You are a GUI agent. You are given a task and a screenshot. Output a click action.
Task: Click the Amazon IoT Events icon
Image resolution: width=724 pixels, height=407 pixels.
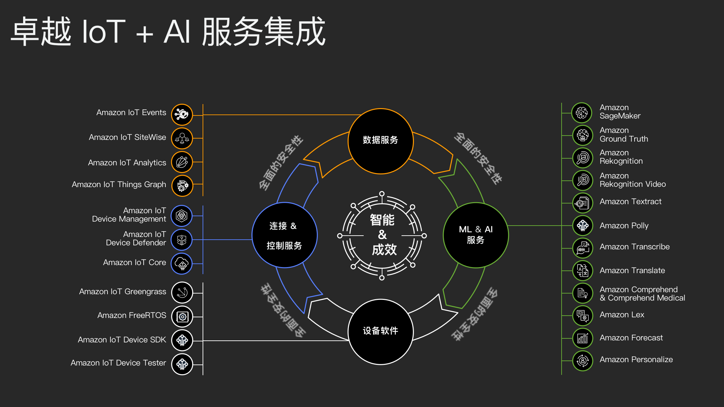coord(182,114)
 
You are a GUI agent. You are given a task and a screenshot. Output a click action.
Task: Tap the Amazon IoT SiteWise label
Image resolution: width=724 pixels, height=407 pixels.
coord(127,137)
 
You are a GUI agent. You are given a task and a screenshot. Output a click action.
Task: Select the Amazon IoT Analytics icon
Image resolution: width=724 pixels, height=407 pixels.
coord(182,162)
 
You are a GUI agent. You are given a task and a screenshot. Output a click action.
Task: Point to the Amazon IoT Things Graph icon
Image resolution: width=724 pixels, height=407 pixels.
coord(182,186)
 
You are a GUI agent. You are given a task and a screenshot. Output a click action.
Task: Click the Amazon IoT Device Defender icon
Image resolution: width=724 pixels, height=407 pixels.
coord(182,240)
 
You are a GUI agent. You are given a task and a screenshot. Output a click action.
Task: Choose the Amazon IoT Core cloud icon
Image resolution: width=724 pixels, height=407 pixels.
coord(182,263)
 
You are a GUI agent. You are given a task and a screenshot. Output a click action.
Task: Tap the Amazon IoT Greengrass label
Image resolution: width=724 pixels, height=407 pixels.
coord(123,292)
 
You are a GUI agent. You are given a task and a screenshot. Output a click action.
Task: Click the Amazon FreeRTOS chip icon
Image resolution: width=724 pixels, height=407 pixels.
coord(182,316)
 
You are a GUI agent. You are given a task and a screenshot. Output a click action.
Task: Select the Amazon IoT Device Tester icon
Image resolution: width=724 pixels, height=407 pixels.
coord(182,364)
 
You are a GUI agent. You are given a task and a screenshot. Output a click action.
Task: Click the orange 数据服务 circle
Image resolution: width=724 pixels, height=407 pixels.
coord(381,141)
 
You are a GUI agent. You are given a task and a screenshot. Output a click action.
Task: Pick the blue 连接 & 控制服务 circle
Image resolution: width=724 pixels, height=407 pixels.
coord(285,235)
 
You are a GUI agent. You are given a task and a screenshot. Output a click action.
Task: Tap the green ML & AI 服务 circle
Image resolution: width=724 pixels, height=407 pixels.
coord(476,235)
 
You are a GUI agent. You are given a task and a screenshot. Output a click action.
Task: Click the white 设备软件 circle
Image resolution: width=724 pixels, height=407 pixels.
coord(381,332)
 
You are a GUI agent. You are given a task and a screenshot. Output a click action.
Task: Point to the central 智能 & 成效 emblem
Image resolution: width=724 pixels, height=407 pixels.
coord(382,236)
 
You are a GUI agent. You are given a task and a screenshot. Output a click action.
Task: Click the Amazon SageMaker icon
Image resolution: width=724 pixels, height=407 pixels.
coord(582,113)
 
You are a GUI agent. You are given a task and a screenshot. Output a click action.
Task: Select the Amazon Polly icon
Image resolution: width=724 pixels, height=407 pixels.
coord(583,225)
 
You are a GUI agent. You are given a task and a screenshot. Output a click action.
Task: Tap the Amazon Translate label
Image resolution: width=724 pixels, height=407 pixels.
coord(632,270)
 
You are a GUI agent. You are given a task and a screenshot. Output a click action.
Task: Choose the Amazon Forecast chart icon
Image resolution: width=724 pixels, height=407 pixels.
coord(583,338)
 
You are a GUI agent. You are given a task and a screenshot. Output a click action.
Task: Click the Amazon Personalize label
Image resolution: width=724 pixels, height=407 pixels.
coord(636,359)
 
